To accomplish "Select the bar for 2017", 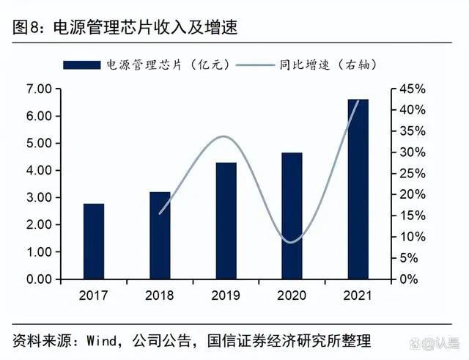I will point(94,241).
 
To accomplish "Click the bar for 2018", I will point(160,235).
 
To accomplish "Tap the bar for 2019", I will point(226,221).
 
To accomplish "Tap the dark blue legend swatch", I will point(81,65).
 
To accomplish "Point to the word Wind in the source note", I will point(103,340).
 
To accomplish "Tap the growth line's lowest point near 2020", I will point(292,242).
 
